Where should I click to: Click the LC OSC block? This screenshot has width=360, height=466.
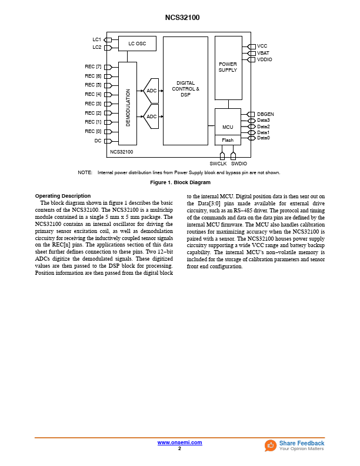(137, 44)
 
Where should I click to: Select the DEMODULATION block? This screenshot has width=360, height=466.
(128, 104)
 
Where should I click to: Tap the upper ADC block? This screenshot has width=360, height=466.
(151, 91)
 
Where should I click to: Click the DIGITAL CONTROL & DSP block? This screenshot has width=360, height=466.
(185, 90)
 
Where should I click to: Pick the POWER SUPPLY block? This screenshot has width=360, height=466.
(228, 68)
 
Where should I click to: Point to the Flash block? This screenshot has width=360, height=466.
(228, 140)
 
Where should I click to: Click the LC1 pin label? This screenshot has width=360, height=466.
(96, 39)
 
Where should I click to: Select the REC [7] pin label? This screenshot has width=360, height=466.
(93, 67)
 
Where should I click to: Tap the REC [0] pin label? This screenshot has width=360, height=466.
(93, 131)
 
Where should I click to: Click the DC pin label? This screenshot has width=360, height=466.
(98, 141)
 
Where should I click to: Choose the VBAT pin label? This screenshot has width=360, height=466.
(263, 53)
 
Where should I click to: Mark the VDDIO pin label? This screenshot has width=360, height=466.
(265, 59)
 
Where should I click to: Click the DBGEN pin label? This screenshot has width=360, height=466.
(265, 114)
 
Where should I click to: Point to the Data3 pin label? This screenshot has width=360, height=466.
(264, 120)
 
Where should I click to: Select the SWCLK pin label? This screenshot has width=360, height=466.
(218, 164)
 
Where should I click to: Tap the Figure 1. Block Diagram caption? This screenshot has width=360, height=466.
(180, 182)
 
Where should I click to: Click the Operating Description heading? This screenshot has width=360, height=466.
(63, 196)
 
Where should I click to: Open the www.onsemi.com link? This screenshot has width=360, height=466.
(179, 442)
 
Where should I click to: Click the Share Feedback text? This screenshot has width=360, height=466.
(301, 443)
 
